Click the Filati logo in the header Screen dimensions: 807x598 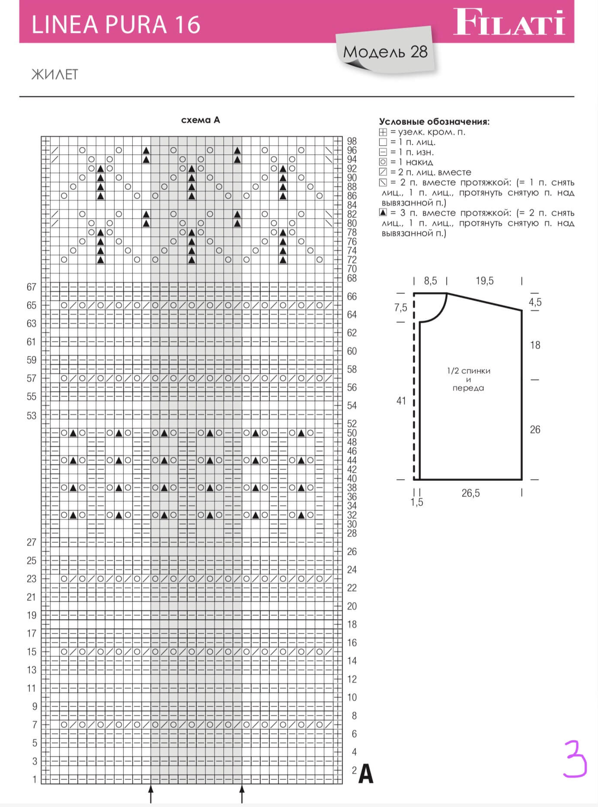coord(509,22)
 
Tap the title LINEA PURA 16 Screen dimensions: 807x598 coord(116,25)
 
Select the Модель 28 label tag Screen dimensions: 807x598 coord(385,52)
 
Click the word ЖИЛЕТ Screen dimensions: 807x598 coord(54,74)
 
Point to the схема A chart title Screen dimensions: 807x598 coord(201,120)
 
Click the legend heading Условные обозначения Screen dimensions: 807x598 coord(434,122)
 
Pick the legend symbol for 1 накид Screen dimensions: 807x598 coord(383,162)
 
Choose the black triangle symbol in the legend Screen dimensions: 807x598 coord(383,213)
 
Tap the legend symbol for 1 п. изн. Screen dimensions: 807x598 coord(383,152)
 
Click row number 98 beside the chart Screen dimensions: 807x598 coord(352,141)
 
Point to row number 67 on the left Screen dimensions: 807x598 coord(31,287)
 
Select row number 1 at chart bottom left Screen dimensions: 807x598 coord(35,779)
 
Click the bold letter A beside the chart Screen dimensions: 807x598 coord(366,774)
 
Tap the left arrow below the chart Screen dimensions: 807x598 coord(151,794)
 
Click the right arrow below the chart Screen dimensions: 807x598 coord(242,794)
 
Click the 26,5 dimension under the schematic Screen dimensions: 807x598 coord(470,493)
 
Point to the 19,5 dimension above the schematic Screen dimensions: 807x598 coord(484,281)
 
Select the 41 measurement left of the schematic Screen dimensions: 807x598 coord(401,401)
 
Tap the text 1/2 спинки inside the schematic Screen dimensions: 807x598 coord(469,371)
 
